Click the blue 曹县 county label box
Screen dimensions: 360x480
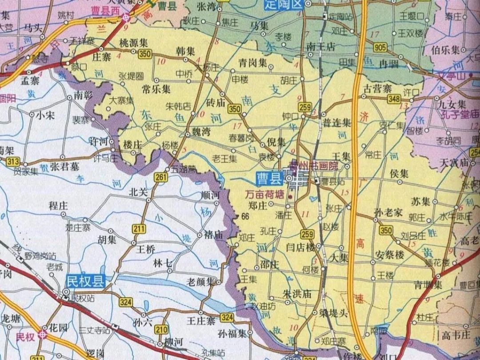pyautogui.click(x=270, y=179)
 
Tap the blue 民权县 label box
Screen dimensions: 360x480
pyautogui.click(x=84, y=281)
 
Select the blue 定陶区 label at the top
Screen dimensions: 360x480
pyautogui.click(x=288, y=5)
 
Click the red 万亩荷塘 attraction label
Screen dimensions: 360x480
pyautogui.click(x=265, y=194)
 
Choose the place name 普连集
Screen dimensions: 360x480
pyautogui.click(x=336, y=123)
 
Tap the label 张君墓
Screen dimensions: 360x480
pyautogui.click(x=65, y=166)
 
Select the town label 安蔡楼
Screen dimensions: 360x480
pyautogui.click(x=389, y=255)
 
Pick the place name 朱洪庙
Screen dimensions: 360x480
pyautogui.click(x=297, y=294)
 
